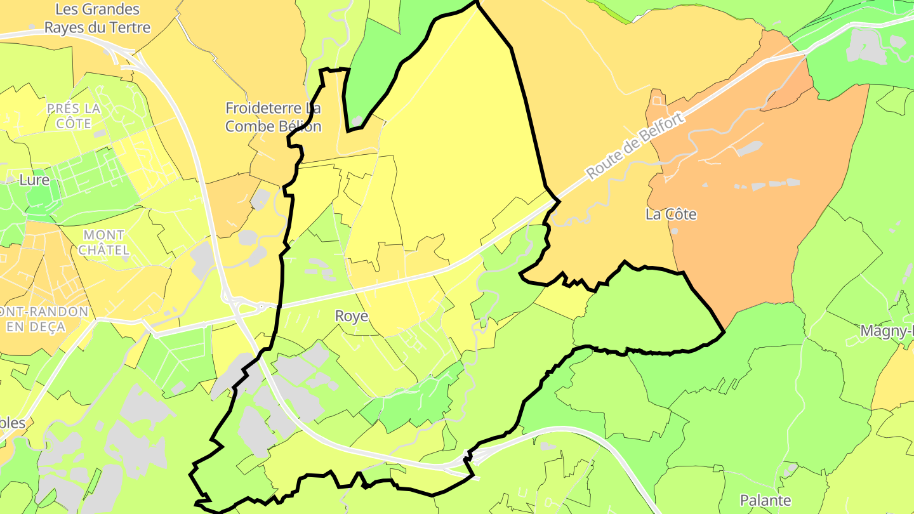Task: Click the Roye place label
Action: coord(352,316)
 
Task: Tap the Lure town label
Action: coord(34,180)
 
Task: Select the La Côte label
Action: coord(671,214)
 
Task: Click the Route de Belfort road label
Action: coord(637,145)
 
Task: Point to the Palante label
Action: coord(765,500)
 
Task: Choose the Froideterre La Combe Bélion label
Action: coord(274,117)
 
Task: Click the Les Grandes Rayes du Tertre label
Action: coord(97,18)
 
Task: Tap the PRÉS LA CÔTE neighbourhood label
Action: coord(74,115)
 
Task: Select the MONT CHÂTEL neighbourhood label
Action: coord(103,242)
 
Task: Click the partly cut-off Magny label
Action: coord(887,331)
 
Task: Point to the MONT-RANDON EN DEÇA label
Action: coord(44,319)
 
